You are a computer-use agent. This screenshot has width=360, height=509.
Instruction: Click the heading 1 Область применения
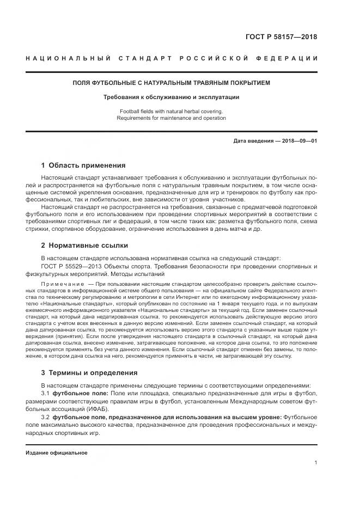point(83,165)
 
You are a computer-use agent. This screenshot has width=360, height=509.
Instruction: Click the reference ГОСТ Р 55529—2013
point(69,267)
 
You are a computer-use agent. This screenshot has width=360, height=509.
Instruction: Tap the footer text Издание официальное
point(57,453)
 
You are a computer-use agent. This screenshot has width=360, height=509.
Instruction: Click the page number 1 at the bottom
point(316,463)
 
